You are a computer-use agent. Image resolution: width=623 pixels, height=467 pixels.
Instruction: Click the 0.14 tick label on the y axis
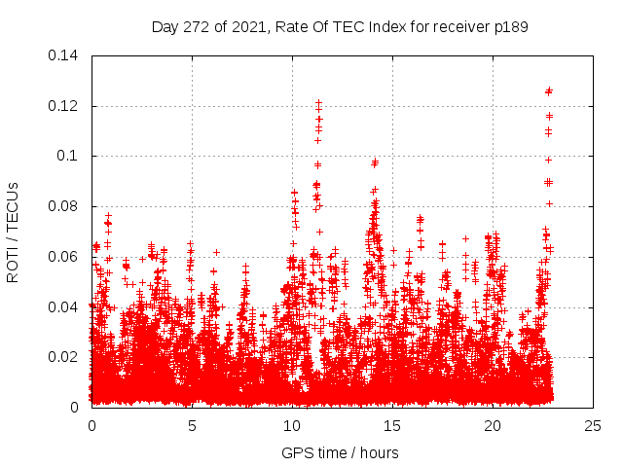coord(64,55)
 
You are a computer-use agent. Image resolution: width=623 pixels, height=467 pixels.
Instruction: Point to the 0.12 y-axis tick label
coord(64,106)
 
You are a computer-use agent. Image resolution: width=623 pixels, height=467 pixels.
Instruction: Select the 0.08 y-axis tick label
coord(64,206)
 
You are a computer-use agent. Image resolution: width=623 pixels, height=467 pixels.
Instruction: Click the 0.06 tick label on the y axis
coord(64,257)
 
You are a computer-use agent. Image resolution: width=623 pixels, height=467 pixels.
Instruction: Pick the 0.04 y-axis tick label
coord(64,307)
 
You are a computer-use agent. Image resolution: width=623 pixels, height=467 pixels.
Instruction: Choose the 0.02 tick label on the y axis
coord(64,357)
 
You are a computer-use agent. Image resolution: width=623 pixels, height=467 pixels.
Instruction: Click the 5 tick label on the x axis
coord(192,426)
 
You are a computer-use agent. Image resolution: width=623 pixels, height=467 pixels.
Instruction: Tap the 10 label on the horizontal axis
coord(292,426)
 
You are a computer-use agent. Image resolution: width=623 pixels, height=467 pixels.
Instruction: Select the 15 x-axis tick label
coord(392,426)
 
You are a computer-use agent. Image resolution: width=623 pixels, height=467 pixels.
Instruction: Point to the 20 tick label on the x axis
coord(493,426)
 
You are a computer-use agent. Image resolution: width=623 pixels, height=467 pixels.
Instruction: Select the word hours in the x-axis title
coord(378,452)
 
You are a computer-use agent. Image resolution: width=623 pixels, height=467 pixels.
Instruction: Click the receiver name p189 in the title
coord(510,26)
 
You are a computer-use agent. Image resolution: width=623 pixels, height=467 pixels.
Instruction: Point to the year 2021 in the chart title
coord(247,26)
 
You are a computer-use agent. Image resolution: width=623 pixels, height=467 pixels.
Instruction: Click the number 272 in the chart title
coord(198,26)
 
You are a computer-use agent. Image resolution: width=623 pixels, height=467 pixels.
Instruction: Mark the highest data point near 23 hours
coord(549,90)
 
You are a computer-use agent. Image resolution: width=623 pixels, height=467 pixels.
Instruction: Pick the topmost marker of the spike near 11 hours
coord(318,102)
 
